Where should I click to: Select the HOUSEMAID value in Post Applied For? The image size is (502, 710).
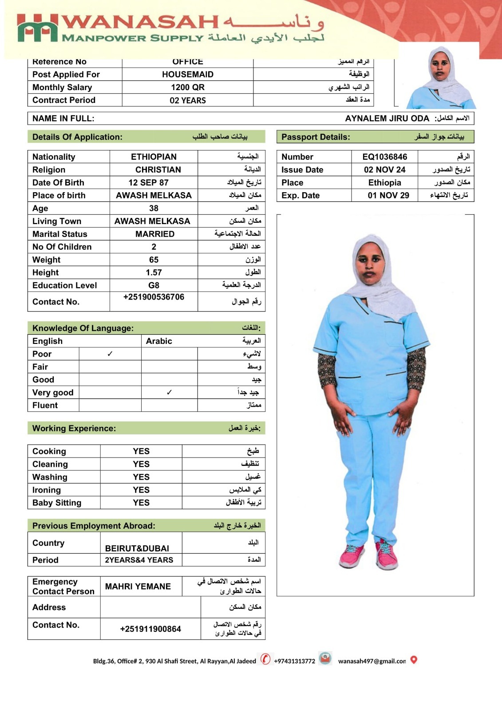187,75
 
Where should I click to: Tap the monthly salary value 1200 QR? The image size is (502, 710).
187,87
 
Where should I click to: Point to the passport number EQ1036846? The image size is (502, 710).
384,157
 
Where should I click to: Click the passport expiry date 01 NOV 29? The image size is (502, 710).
388,195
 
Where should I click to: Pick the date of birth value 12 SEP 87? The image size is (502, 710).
148,182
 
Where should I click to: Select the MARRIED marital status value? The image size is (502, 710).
154,234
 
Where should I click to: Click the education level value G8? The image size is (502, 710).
154,285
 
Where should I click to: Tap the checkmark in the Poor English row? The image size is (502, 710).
110,354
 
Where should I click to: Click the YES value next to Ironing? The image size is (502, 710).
141,490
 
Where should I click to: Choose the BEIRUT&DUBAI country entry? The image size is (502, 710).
137,548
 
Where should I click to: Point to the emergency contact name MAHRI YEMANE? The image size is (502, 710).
138,586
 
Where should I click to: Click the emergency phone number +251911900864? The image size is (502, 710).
150,629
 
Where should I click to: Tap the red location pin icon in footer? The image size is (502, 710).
414,660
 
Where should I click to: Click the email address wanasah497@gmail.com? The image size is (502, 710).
372,661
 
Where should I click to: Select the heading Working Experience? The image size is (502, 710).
74,428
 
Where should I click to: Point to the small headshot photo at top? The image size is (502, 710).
441,78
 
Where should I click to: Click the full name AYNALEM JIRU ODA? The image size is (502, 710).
387,118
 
